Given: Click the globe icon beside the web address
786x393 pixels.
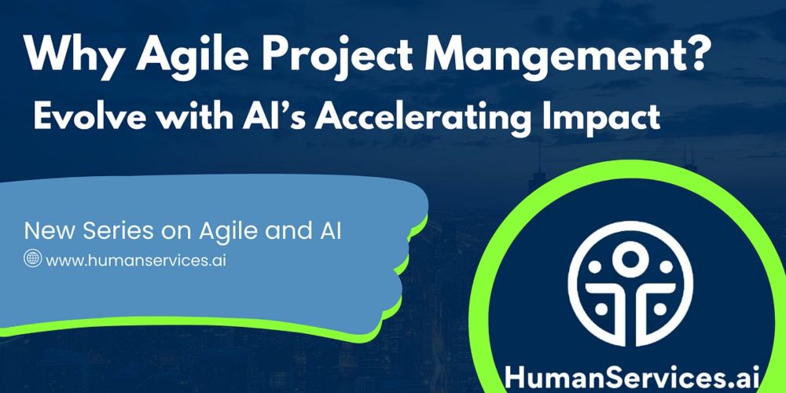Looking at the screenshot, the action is click(x=32, y=259).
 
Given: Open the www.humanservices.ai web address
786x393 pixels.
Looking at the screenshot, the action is click(x=135, y=260).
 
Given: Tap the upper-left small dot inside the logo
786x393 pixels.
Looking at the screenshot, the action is click(x=594, y=267).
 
